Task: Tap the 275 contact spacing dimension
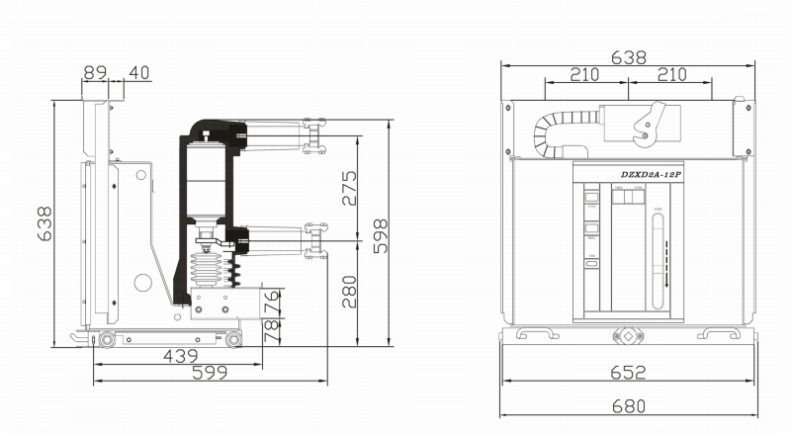[x=348, y=188]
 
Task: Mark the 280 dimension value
[x=348, y=292]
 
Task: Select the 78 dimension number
[x=273, y=330]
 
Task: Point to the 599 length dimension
[x=209, y=373]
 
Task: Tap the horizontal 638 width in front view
[x=628, y=57]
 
